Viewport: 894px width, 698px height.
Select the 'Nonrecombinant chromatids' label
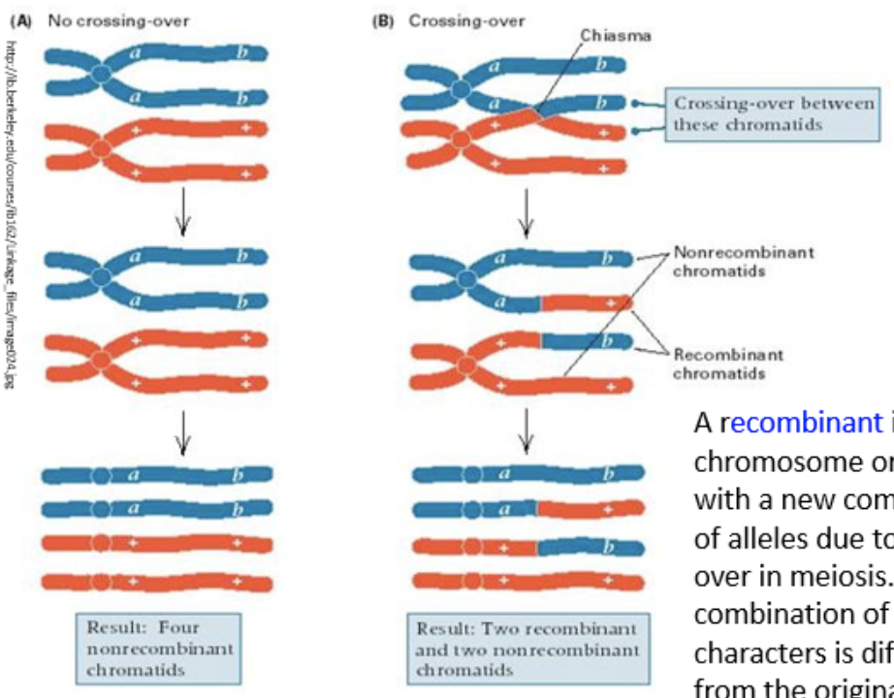point(744,260)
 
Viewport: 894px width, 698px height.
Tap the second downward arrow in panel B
point(526,432)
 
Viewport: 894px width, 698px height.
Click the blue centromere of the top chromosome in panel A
point(101,74)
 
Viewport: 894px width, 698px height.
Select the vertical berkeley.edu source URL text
point(11,213)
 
